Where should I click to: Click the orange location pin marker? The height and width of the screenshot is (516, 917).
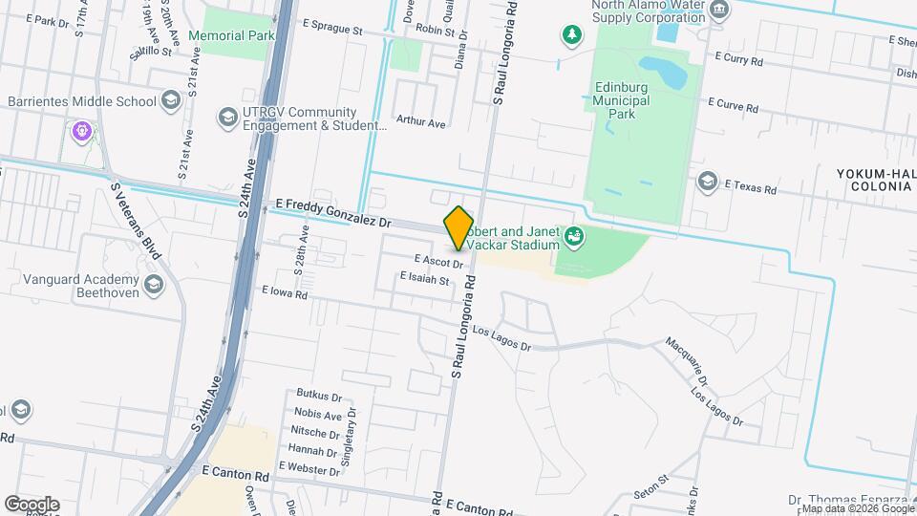[x=459, y=227]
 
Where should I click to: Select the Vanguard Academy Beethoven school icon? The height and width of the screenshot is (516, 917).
[x=153, y=285]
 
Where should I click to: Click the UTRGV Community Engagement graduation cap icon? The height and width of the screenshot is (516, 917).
[x=227, y=117]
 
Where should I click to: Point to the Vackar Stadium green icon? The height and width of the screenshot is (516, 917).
[x=574, y=235]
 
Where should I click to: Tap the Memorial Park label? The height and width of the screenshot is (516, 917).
[x=231, y=35]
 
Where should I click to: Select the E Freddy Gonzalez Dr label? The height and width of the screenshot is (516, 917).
[x=333, y=212]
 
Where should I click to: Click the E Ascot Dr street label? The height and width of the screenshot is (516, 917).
[x=438, y=260]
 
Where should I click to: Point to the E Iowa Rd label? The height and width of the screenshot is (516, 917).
[x=285, y=293]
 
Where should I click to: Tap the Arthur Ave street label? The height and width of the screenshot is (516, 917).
[x=421, y=122]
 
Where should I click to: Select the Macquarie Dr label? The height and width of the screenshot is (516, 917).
[x=690, y=356]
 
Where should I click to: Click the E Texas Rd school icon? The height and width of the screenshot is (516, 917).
[x=707, y=182]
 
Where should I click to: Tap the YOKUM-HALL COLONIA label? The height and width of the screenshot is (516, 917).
[x=875, y=179]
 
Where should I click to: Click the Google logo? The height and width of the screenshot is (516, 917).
[x=32, y=504]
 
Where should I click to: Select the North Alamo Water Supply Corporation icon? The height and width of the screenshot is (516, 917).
[x=721, y=11]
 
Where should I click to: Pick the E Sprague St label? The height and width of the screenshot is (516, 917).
[x=332, y=31]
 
